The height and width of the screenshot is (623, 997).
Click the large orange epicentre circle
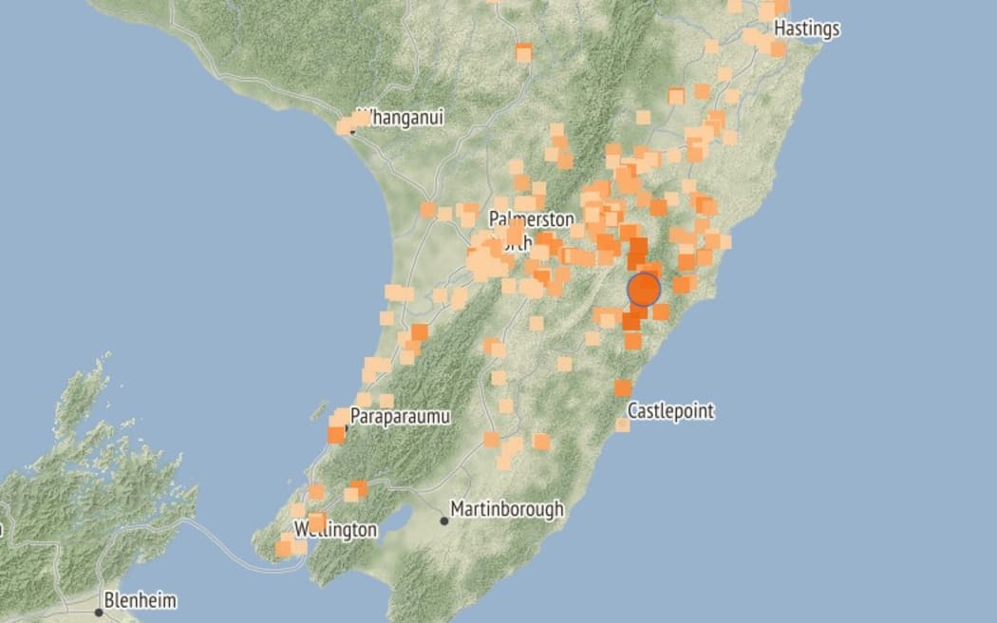pyautogui.click(x=644, y=289)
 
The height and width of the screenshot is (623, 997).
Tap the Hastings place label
pyautogui.click(x=806, y=29)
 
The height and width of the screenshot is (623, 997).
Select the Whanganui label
pyautogui.click(x=404, y=119)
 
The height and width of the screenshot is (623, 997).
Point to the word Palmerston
pyautogui.click(x=531, y=219)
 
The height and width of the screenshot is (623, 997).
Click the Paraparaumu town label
pyautogui.click(x=399, y=416)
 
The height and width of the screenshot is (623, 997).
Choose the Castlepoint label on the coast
pyautogui.click(x=670, y=412)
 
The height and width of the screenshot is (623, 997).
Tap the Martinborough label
pyautogui.click(x=506, y=509)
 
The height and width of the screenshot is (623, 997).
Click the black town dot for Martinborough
pyautogui.click(x=443, y=519)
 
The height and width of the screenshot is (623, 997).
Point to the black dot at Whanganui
pyautogui.click(x=351, y=129)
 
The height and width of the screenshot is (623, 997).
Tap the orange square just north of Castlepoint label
pyautogui.click(x=623, y=387)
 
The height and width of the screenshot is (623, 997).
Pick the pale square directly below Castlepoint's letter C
pyautogui.click(x=622, y=425)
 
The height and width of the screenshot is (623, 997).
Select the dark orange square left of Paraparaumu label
pyautogui.click(x=335, y=434)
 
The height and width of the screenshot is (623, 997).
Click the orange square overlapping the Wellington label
pyautogui.click(x=317, y=521)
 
